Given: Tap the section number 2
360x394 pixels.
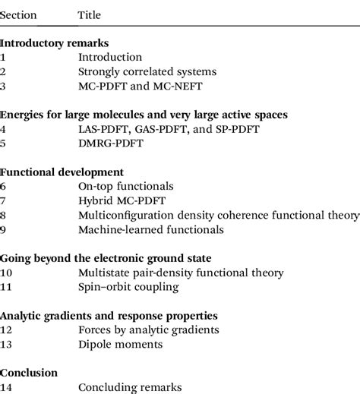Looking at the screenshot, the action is click(4, 72).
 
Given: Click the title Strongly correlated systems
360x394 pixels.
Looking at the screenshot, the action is click(147, 72).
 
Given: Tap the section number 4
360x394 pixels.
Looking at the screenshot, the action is click(4, 130).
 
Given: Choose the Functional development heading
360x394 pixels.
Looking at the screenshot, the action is click(62, 172).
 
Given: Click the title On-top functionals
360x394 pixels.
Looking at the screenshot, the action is click(126, 187).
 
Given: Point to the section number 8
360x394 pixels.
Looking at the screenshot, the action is click(4, 216).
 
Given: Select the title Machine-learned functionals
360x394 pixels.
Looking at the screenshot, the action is click(151, 229).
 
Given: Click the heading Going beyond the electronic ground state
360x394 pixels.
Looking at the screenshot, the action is click(106, 258).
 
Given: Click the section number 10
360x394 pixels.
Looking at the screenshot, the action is click(7, 273).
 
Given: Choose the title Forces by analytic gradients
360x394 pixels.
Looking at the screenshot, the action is click(149, 329).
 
